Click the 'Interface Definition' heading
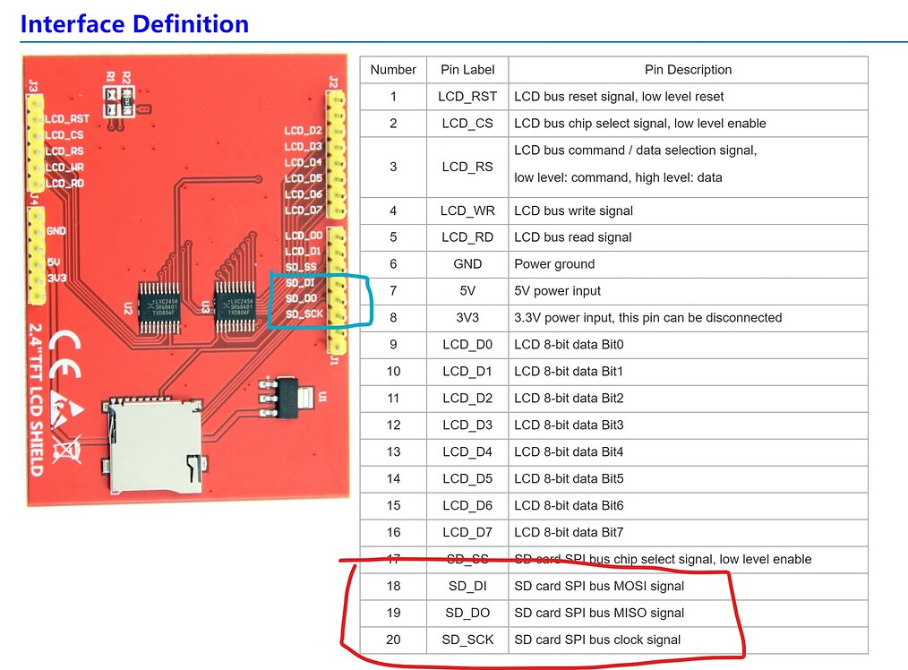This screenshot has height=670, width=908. (x=134, y=23)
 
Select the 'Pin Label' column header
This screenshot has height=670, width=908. (x=467, y=70)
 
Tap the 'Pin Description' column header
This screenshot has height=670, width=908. (x=688, y=70)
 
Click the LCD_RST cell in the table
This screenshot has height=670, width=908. (x=467, y=97)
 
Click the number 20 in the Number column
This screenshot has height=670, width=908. (x=393, y=640)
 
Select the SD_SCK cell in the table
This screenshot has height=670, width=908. (x=467, y=640)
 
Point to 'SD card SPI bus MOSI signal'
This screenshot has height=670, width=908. (x=598, y=586)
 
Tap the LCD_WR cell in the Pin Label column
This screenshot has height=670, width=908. (x=467, y=210)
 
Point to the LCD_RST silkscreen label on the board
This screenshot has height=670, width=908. (x=67, y=118)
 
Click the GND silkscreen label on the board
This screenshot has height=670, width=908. (x=56, y=231)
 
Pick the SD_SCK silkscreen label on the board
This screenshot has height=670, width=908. (x=304, y=314)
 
